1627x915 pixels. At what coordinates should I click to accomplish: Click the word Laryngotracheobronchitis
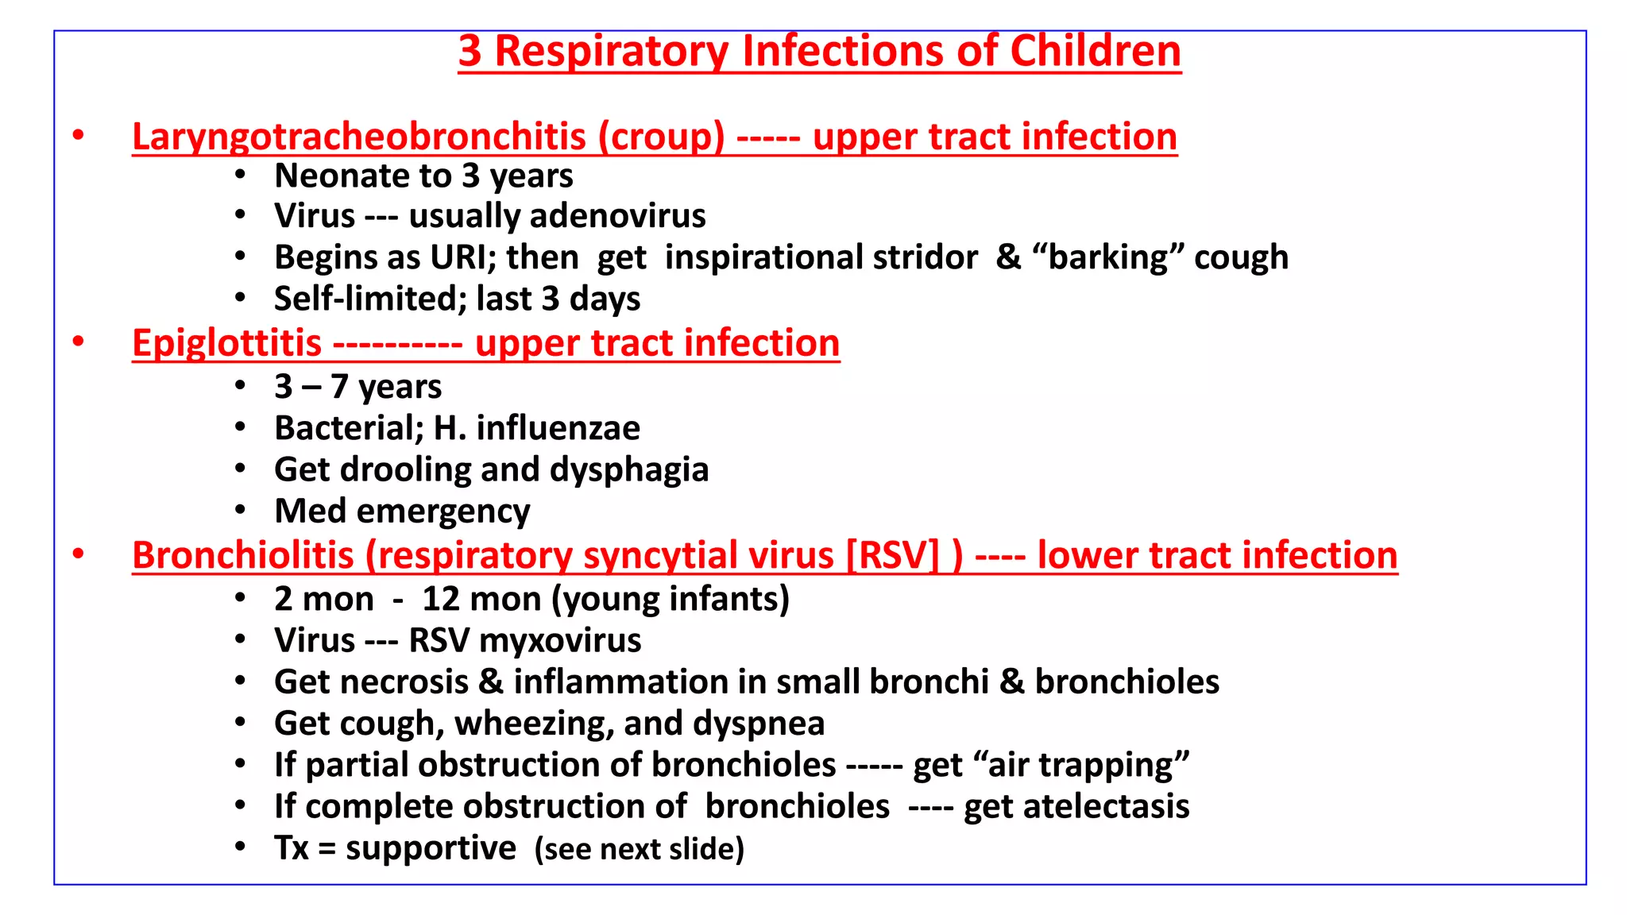(x=358, y=137)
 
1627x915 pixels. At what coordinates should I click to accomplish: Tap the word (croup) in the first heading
(x=661, y=137)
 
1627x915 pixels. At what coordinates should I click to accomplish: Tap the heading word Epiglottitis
(x=226, y=343)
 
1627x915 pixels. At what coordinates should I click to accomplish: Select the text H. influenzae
(x=536, y=428)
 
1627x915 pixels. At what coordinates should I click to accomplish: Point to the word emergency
(x=442, y=512)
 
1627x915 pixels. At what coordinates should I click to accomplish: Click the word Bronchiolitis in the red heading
(x=242, y=555)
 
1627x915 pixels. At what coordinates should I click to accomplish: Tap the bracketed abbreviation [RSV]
(x=892, y=555)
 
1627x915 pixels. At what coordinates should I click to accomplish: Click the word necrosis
(x=411, y=682)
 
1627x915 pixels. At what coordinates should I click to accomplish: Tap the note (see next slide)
(x=639, y=849)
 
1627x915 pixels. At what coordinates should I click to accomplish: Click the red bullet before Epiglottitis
(x=78, y=342)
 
